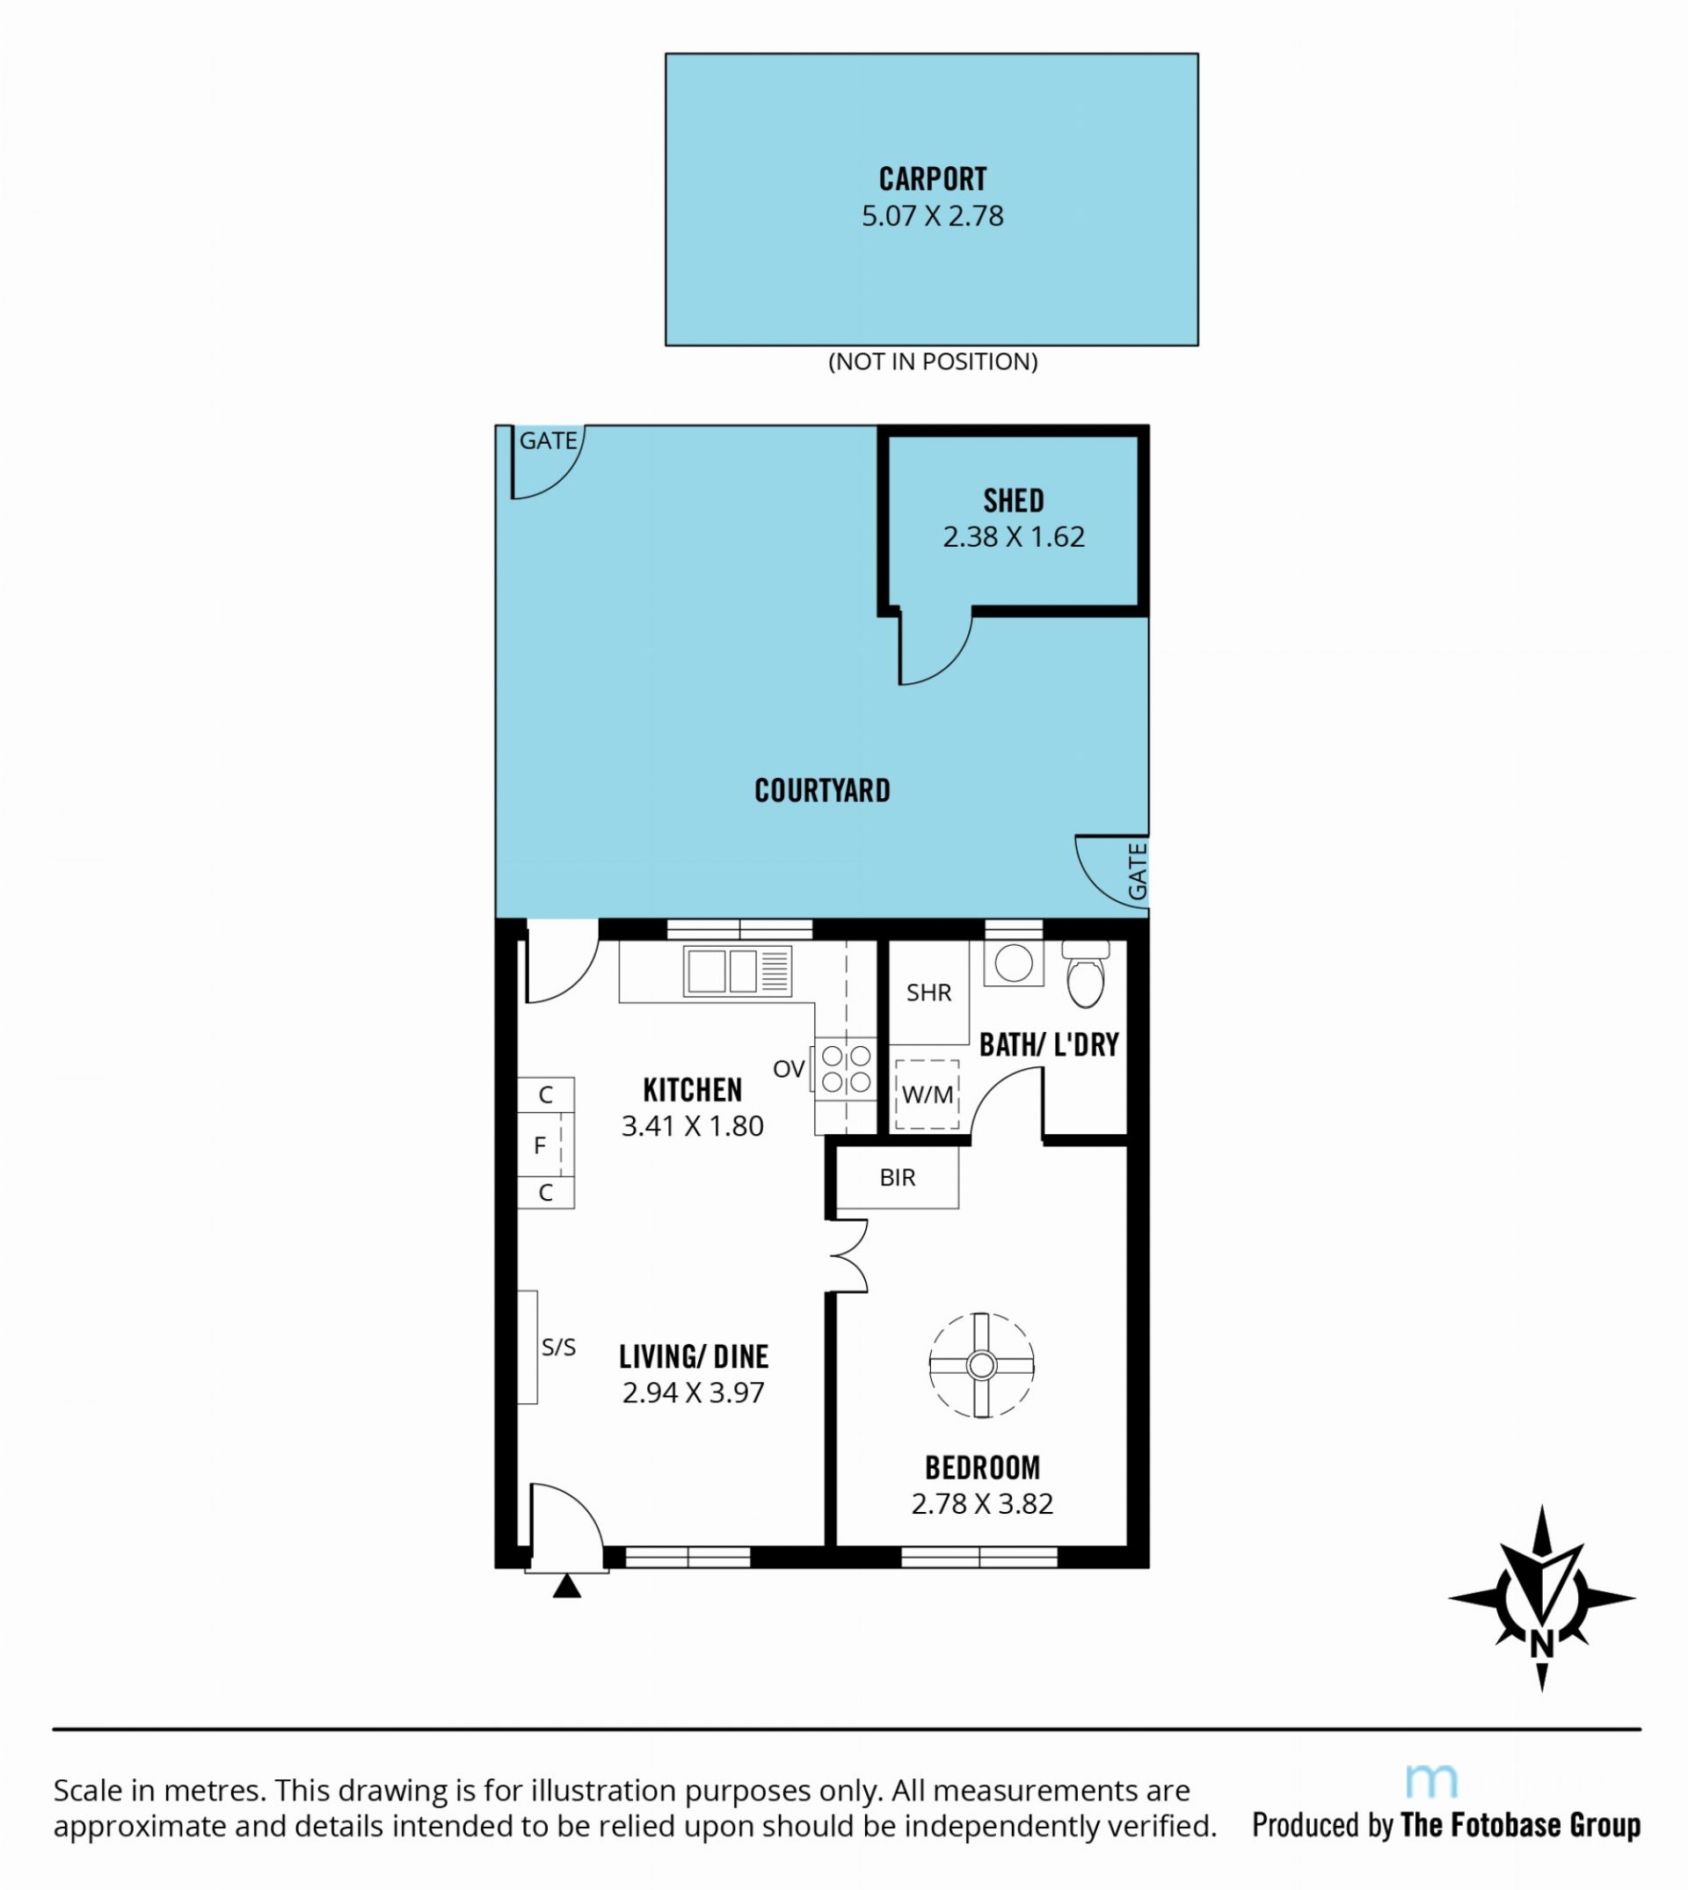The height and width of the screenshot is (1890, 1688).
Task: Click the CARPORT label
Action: [932, 178]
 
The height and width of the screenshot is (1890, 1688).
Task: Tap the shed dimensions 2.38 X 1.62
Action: [1013, 537]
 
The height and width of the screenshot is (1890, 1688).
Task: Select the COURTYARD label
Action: [822, 790]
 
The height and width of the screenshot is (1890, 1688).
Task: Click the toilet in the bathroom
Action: [1085, 974]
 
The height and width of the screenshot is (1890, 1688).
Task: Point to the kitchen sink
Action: [738, 971]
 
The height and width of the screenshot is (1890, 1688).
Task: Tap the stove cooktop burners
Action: [846, 1068]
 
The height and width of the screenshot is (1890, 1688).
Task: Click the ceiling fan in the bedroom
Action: [980, 1365]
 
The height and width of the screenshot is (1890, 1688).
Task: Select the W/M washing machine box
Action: [927, 1095]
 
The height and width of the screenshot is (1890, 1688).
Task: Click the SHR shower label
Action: [928, 993]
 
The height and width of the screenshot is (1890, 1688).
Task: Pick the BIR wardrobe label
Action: [897, 1178]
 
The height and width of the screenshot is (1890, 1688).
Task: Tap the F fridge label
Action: [540, 1146]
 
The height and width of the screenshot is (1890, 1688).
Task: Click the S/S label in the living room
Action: [558, 1348]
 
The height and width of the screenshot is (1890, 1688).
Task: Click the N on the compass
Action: [1541, 1644]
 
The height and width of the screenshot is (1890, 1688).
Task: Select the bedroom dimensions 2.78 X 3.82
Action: [982, 1503]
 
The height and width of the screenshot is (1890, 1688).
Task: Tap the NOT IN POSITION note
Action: [932, 361]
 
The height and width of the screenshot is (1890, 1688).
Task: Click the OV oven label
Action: [789, 1069]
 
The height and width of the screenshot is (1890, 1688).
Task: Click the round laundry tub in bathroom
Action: [1013, 963]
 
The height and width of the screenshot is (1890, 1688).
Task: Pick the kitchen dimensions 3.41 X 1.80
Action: [692, 1126]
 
